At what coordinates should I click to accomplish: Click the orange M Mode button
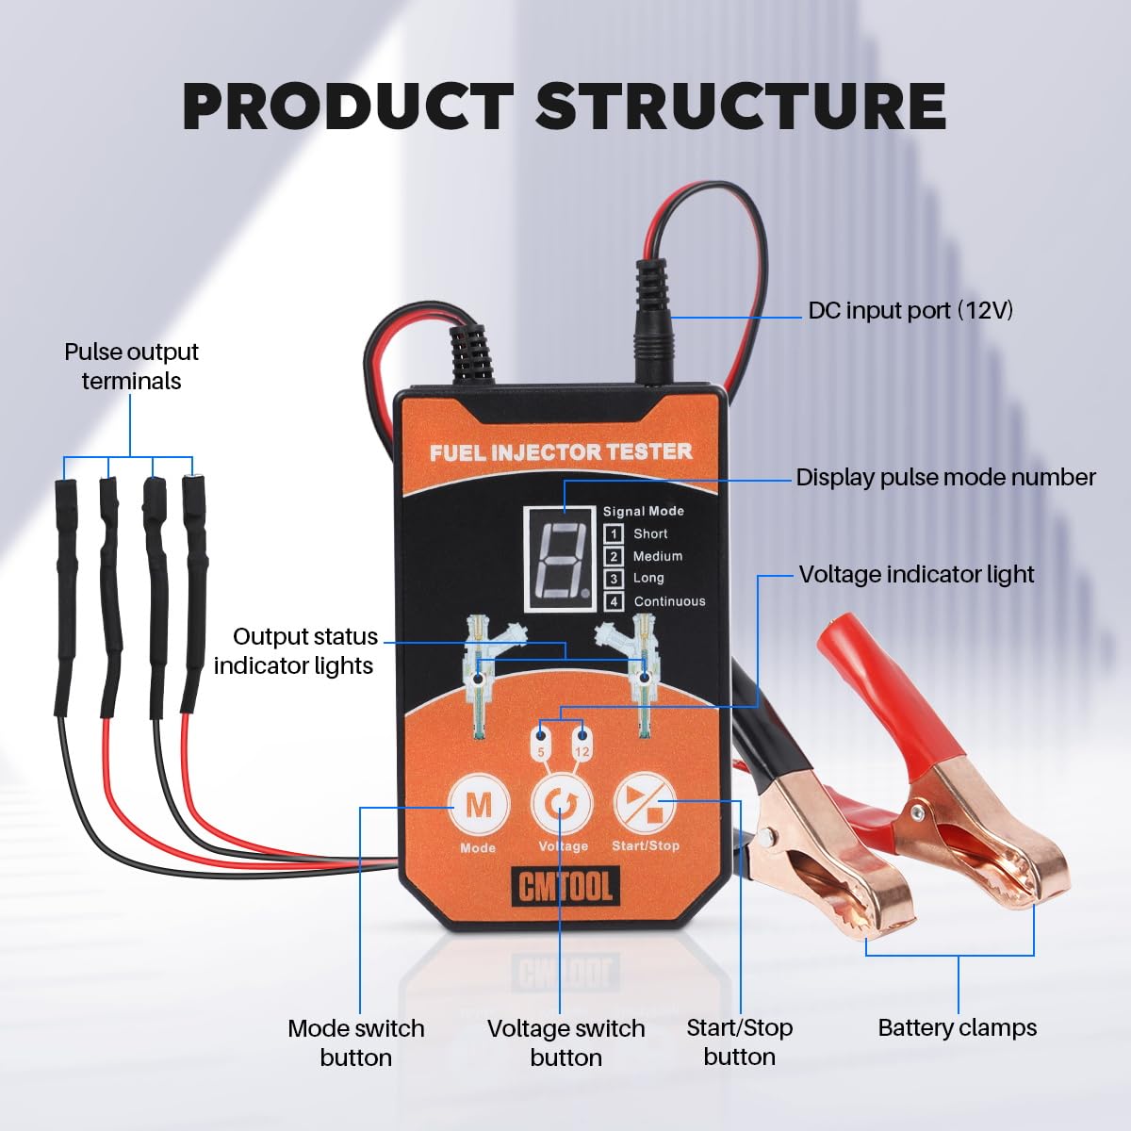click(479, 804)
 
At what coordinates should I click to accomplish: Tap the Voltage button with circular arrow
click(562, 804)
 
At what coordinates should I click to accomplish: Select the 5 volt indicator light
click(541, 735)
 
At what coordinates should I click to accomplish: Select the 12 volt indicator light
click(582, 735)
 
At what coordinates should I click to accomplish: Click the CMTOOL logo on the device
click(564, 885)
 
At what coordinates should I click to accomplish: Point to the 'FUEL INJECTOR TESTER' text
click(561, 452)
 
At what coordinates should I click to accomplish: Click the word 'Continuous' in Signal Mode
click(670, 601)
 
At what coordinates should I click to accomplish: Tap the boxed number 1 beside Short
click(614, 533)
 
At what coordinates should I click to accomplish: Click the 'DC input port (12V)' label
click(910, 310)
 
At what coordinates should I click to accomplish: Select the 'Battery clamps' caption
click(958, 1027)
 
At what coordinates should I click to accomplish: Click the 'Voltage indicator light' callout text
click(917, 575)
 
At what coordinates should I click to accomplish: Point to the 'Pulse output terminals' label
click(131, 367)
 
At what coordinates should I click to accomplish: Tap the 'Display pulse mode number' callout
click(945, 478)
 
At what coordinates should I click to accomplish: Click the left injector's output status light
click(479, 678)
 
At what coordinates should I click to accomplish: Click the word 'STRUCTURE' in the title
click(741, 107)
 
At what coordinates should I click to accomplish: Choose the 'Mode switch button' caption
click(355, 1042)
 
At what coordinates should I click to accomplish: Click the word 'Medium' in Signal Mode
click(658, 556)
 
